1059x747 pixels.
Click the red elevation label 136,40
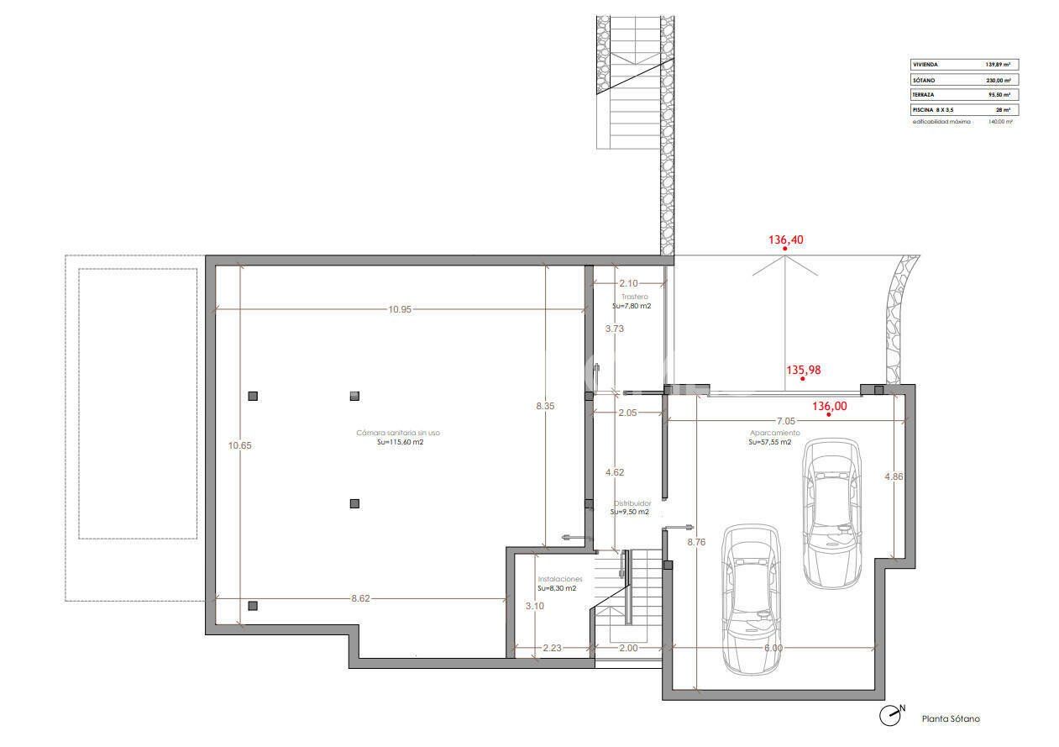(x=786, y=239)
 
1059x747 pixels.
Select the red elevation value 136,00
(x=830, y=406)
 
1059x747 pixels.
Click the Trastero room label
(x=635, y=297)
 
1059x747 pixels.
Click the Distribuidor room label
(x=632, y=503)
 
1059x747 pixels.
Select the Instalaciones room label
(x=559, y=579)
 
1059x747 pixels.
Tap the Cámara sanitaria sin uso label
(x=397, y=433)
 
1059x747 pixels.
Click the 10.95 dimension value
(x=400, y=309)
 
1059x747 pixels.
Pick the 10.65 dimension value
(x=240, y=445)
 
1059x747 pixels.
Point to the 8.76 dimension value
(x=696, y=542)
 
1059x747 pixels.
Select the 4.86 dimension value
(x=894, y=476)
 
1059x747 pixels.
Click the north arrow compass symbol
(x=889, y=716)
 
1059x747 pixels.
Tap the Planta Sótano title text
(x=951, y=718)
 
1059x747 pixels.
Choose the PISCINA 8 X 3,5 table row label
(x=932, y=110)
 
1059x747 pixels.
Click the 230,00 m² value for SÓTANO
(x=997, y=80)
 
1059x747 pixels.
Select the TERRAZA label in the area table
(x=925, y=95)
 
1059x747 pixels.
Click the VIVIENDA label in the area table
(x=925, y=64)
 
